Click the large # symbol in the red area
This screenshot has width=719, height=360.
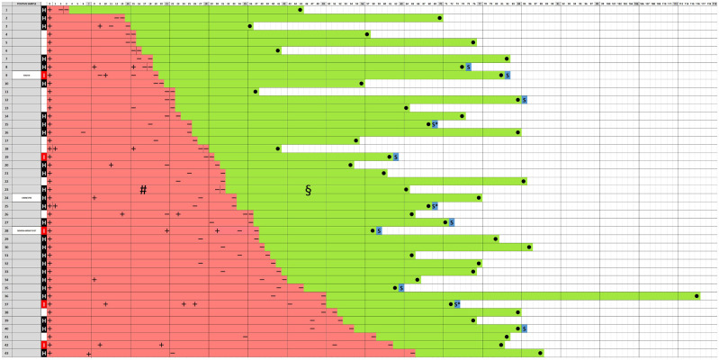click(142, 190)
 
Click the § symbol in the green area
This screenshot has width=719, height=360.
click(308, 190)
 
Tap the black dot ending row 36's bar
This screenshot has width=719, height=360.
click(696, 295)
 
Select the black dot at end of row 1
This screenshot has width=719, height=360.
click(301, 10)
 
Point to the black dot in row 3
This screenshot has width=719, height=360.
click(250, 26)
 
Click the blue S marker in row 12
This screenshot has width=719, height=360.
click(524, 99)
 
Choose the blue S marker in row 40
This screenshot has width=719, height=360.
click(524, 328)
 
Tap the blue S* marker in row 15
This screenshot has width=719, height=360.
click(435, 124)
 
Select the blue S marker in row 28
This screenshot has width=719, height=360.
click(379, 231)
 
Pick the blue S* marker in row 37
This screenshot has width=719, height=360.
click(456, 304)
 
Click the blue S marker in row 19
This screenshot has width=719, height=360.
click(396, 157)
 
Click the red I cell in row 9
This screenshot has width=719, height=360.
click(43, 75)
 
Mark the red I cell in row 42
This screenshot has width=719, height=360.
click(43, 345)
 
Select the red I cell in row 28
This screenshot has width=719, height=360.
click(43, 231)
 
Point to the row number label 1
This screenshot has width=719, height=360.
click(6, 10)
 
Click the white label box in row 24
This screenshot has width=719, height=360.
click(27, 198)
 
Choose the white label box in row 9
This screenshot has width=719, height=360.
click(27, 75)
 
